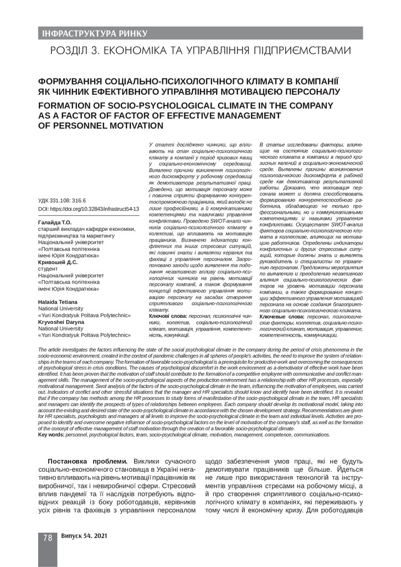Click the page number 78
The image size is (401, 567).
point(48,537)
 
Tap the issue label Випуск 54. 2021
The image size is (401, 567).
point(84,537)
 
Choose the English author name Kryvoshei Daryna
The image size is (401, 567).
point(63,321)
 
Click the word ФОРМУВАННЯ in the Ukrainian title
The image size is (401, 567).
point(73,80)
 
